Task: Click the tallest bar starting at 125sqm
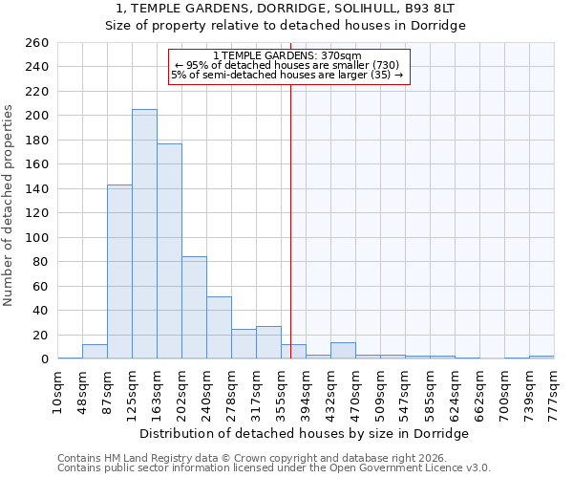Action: [x=144, y=234]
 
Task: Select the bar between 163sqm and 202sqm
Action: [x=169, y=251]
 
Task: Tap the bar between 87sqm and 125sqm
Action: [x=119, y=272]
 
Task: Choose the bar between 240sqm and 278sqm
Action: [x=219, y=328]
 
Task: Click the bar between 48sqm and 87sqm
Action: [x=95, y=352]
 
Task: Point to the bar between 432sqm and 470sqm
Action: [x=343, y=351]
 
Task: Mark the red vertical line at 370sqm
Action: [x=290, y=220]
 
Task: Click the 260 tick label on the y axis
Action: [x=37, y=43]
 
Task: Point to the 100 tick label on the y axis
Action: [x=37, y=237]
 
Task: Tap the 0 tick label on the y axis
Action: [x=44, y=359]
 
